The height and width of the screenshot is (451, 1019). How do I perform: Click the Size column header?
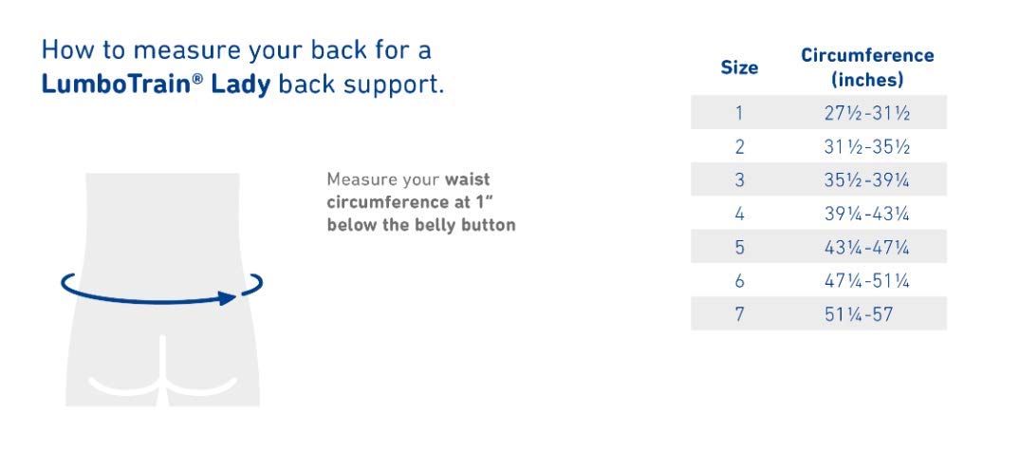coord(739,67)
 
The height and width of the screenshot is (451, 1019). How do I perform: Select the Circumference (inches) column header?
coord(867,67)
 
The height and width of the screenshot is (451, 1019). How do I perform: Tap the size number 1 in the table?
coord(739,113)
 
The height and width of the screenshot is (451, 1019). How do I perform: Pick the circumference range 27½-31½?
coord(867,113)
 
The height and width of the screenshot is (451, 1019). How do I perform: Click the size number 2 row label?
coord(739,147)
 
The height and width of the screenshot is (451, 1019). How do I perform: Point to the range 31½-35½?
coord(867,147)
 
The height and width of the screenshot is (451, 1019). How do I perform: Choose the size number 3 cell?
coord(739,180)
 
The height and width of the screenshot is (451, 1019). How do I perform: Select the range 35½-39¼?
coord(867,180)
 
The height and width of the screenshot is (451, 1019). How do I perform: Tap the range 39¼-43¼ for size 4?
coord(867,215)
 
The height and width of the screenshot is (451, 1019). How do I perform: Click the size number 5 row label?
coord(739,248)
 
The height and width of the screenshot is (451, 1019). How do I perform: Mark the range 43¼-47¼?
coord(867,248)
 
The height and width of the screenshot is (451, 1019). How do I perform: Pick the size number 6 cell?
coord(739,281)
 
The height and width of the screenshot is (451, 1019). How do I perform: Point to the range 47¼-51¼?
coord(867,281)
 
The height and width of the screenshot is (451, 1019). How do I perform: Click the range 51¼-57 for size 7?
coord(859,315)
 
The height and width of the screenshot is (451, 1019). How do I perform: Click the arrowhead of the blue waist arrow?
coord(227,298)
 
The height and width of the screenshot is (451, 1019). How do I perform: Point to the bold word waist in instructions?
coord(467,179)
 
